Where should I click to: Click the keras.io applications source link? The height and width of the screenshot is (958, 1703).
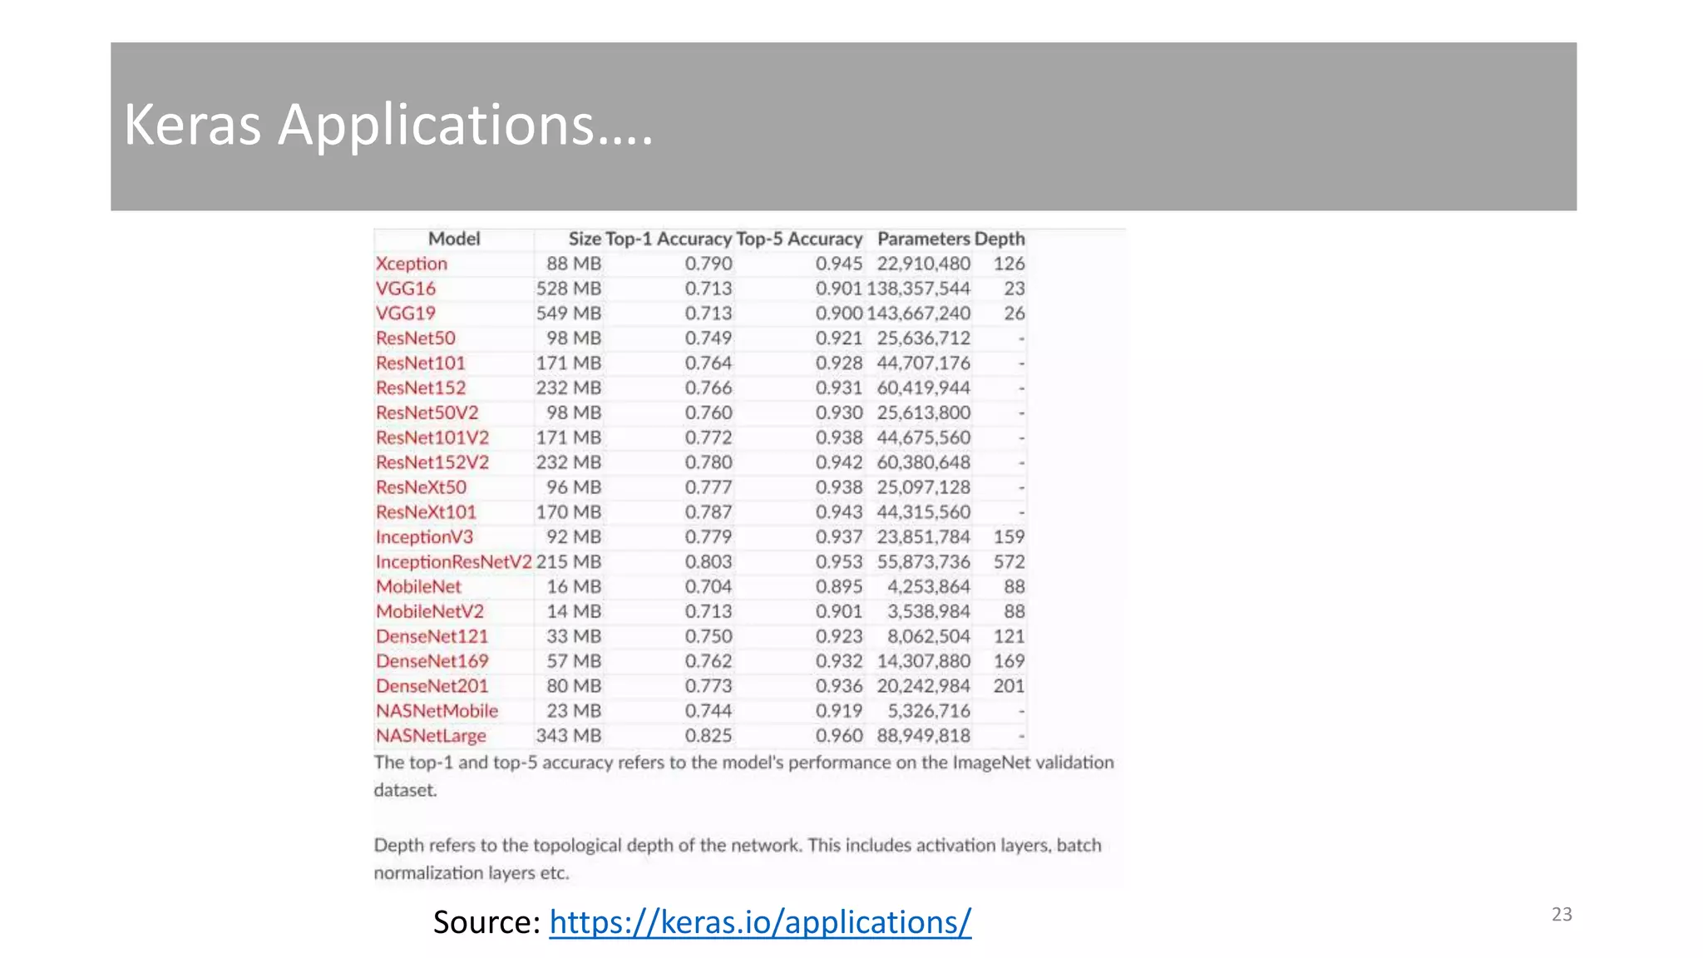coord(759,922)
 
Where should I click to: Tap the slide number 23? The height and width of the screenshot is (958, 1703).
coord(1562,915)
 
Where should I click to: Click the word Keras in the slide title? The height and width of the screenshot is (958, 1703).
coord(192,125)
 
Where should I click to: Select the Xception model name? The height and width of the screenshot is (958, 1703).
coord(412,264)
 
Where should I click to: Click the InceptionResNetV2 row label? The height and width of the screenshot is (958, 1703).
coord(453,562)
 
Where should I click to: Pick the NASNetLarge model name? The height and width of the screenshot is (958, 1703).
coord(431,736)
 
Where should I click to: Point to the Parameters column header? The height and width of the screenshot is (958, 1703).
coord(923,239)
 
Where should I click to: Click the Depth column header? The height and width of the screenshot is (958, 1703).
coord(1000,239)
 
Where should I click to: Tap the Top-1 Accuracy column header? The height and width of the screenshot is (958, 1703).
coord(669,239)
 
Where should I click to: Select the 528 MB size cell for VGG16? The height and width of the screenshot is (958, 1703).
coord(568,289)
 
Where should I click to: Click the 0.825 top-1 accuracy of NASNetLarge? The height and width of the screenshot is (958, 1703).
coord(708,736)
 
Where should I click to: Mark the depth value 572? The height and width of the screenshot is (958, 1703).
coord(1009,562)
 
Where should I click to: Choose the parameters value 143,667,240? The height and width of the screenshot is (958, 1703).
coord(918,314)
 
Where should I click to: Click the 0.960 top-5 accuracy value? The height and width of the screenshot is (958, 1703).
coord(838,736)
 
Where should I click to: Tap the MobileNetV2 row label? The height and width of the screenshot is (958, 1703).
coord(430,612)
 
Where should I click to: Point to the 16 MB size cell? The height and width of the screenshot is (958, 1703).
coord(574,587)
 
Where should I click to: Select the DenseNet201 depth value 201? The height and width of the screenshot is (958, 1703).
coord(1009,686)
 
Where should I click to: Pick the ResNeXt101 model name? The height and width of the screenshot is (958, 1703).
coord(426,512)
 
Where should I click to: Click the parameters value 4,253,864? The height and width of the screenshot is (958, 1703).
coord(928,587)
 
